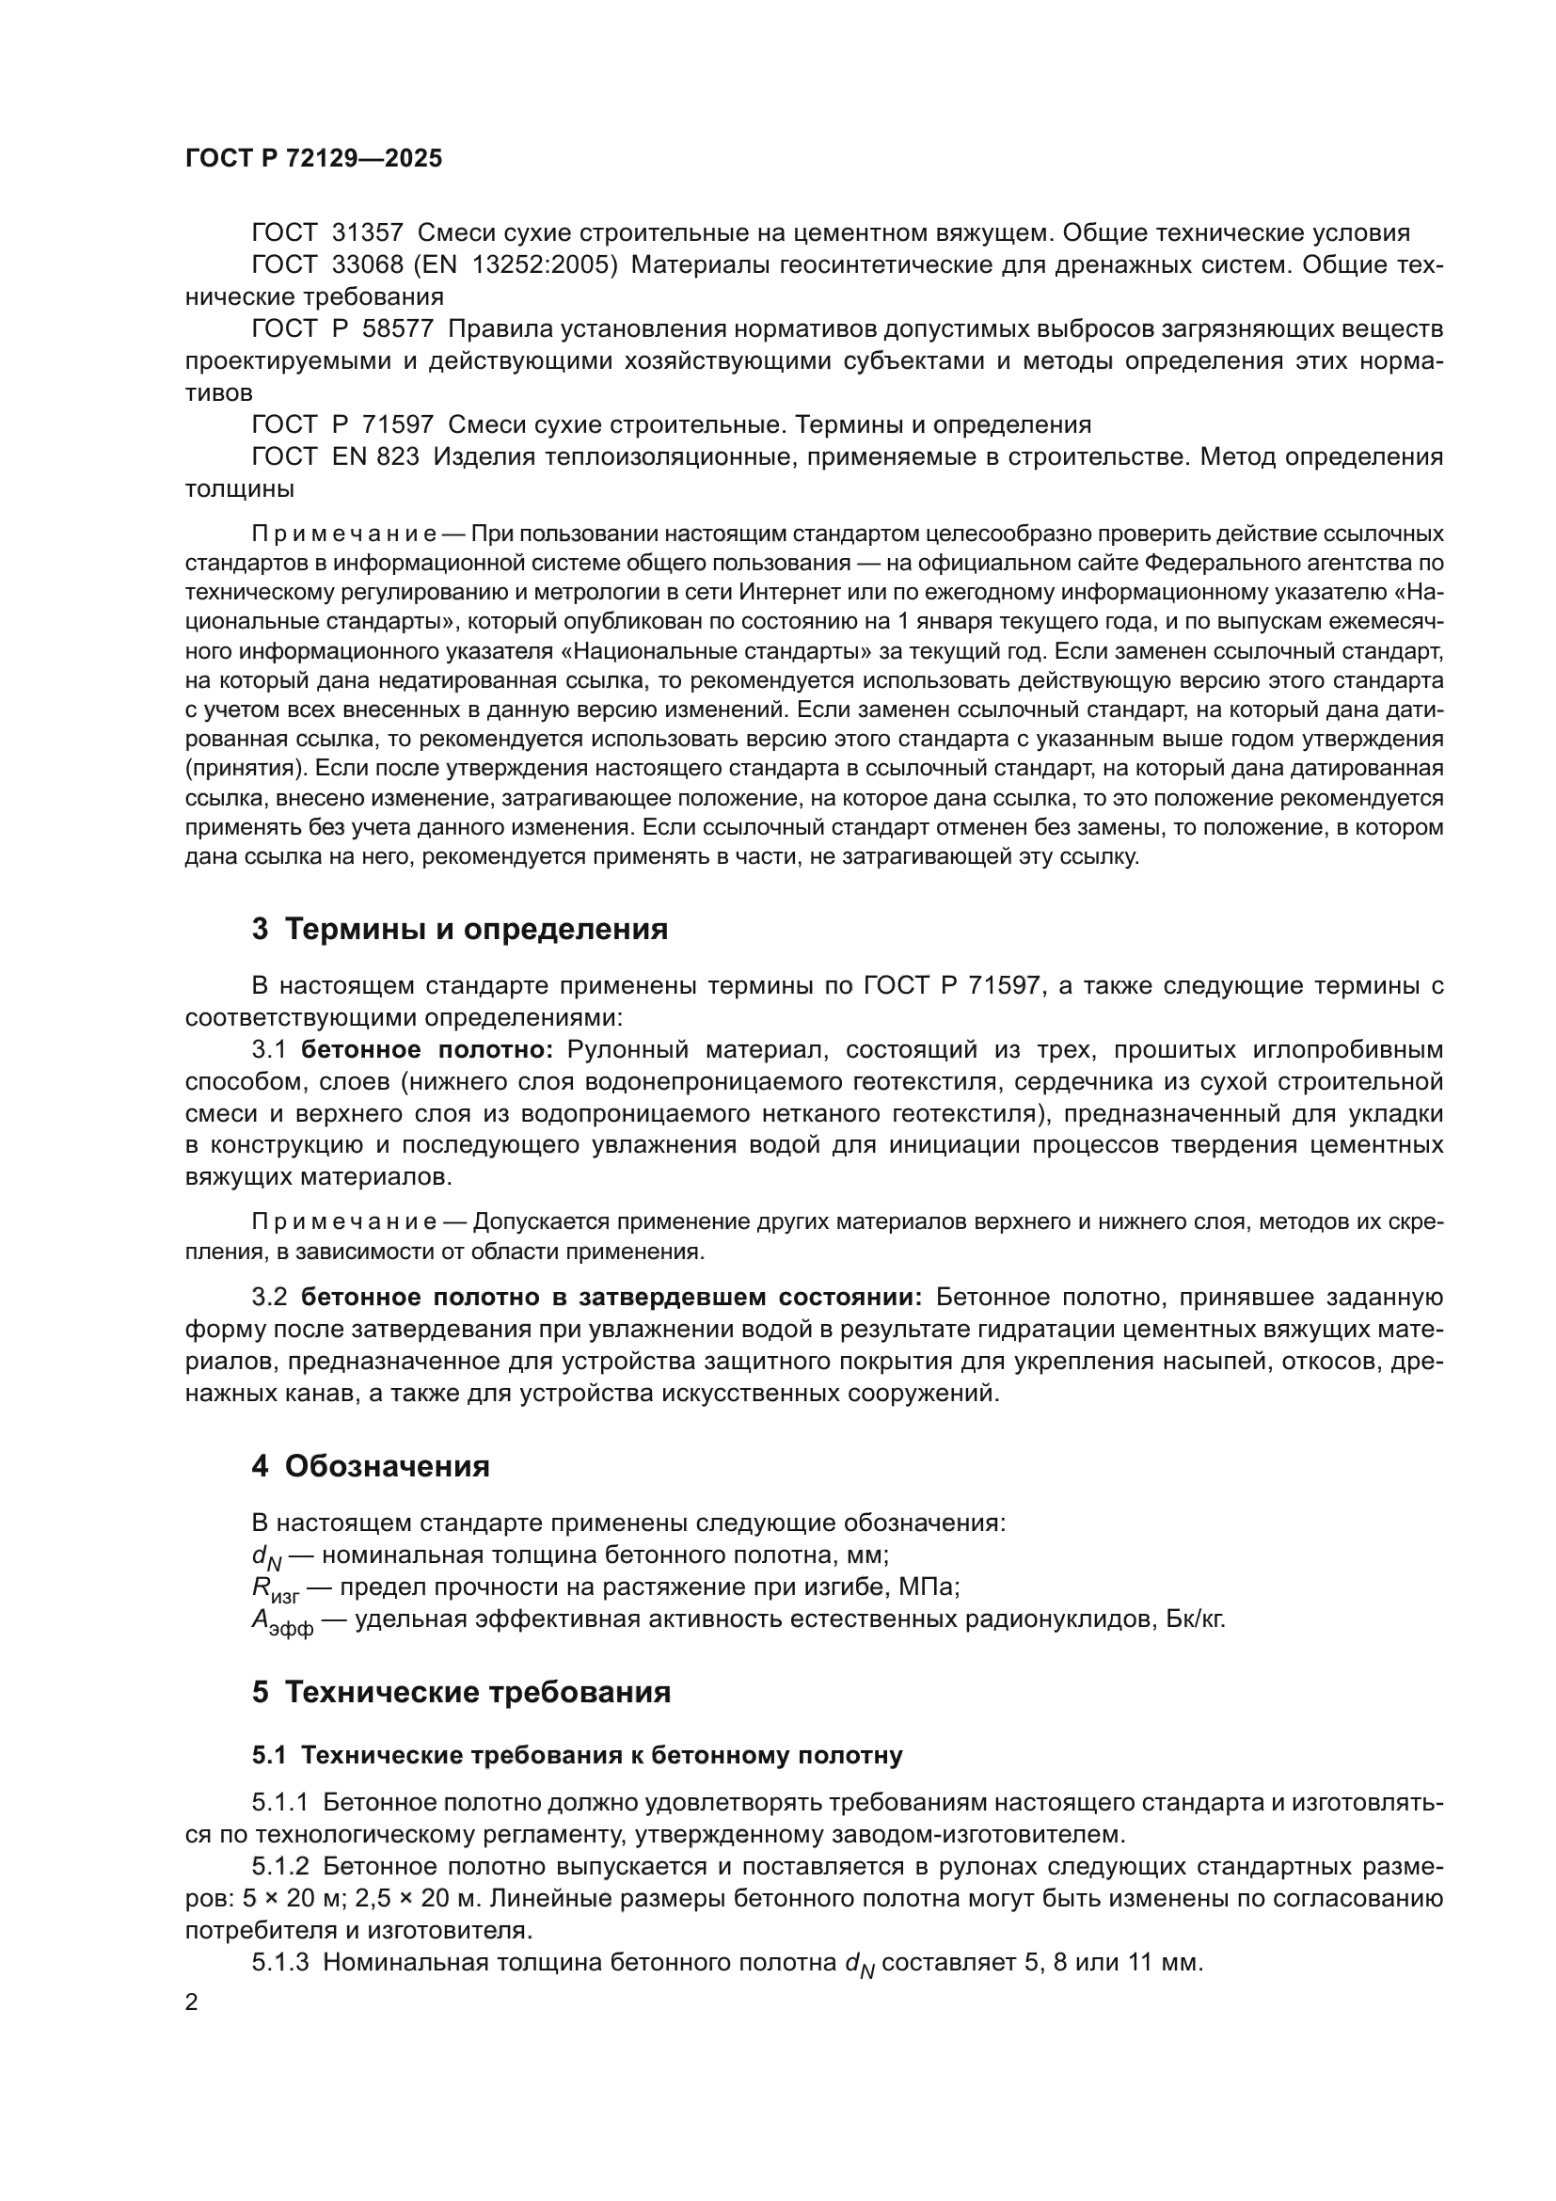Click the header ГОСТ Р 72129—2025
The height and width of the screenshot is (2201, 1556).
tap(313, 159)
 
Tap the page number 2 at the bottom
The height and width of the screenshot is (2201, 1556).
tap(192, 2002)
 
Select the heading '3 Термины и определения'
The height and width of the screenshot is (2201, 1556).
tap(459, 929)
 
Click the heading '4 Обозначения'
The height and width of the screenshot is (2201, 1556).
tap(370, 1467)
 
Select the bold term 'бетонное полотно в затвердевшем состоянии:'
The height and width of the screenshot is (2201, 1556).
tap(611, 1297)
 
